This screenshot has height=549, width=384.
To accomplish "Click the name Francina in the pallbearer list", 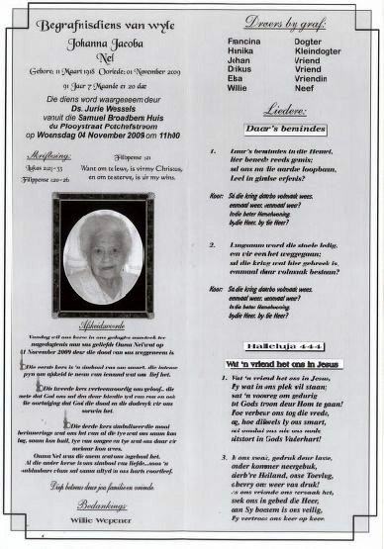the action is click(x=242, y=42).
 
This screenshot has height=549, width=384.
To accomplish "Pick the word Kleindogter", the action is click(x=318, y=51).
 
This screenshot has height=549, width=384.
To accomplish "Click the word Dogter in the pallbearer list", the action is click(x=309, y=42).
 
